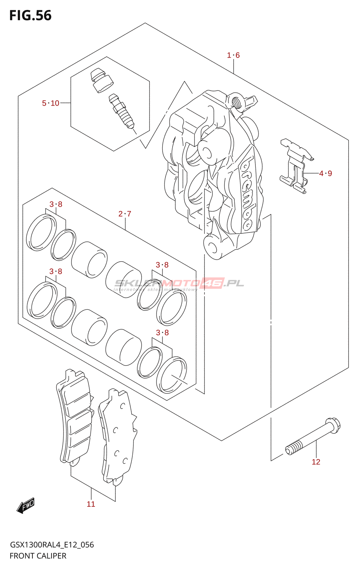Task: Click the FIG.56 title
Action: tap(30, 16)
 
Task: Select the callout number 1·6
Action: tap(233, 55)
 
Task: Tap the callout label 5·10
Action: tap(51, 103)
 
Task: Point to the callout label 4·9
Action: tap(325, 174)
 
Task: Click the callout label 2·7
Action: tap(125, 214)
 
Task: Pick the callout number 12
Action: tap(316, 462)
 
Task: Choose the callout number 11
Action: tap(91, 504)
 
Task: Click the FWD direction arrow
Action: tap(26, 505)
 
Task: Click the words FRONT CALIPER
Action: tap(38, 556)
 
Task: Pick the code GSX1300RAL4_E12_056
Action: tap(52, 545)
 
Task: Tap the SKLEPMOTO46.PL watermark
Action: tap(179, 284)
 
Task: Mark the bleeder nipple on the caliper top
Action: tap(235, 101)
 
